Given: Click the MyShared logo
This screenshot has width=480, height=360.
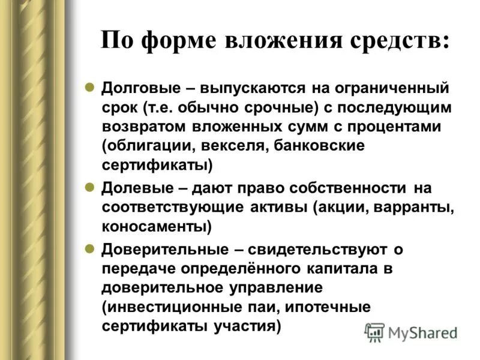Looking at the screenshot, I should tap(411, 332).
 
